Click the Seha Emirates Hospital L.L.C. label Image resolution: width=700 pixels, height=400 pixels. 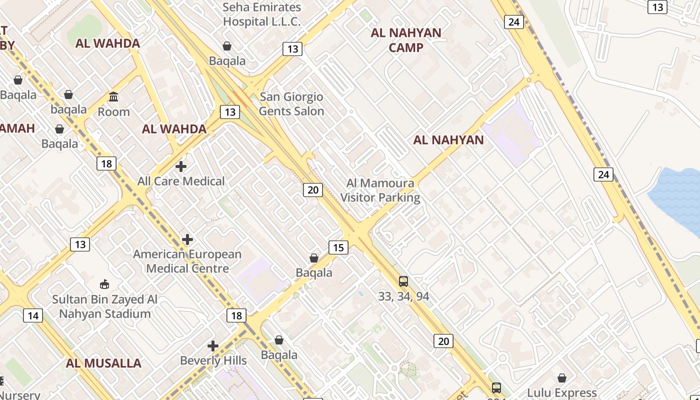(x=261, y=14)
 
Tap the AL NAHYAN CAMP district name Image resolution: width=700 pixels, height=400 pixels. (x=406, y=40)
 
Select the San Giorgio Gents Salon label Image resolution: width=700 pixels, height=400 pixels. (x=291, y=104)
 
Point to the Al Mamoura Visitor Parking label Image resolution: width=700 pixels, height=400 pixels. (x=380, y=190)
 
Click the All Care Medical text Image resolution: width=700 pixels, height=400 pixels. (x=181, y=181)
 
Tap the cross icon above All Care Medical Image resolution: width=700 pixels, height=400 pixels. (x=181, y=166)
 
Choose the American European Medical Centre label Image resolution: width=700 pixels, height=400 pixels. (x=187, y=261)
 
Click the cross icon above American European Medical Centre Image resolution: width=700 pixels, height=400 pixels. (x=187, y=240)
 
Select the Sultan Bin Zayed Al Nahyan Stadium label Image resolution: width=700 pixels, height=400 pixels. (x=105, y=306)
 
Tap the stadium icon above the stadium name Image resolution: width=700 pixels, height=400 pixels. (x=104, y=284)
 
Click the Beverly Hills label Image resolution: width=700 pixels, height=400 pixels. (x=213, y=360)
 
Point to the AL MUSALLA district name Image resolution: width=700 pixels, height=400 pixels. (x=103, y=363)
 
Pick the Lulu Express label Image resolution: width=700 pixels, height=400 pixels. (x=562, y=392)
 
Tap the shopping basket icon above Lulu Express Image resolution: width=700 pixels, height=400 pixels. (x=562, y=378)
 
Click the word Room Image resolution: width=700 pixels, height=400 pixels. (x=113, y=111)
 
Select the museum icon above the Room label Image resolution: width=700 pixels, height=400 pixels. (x=113, y=96)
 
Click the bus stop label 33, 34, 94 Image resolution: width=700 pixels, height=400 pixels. (x=403, y=296)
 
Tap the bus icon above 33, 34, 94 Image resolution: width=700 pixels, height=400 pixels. (x=403, y=281)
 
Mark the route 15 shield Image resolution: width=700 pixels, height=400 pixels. (x=338, y=247)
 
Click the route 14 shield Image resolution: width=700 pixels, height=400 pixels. (x=33, y=315)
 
